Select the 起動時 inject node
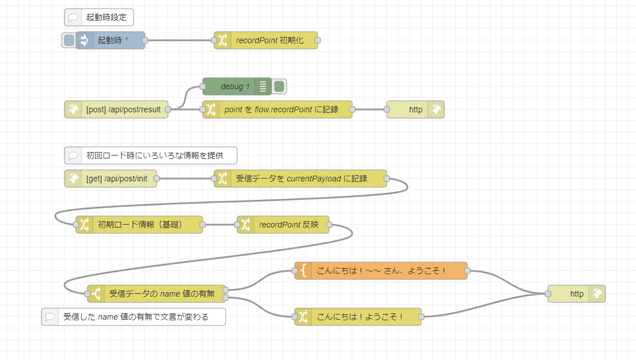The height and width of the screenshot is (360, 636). click(x=113, y=40)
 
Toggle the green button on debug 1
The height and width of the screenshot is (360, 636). click(x=279, y=86)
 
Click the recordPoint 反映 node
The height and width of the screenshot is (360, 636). click(x=288, y=225)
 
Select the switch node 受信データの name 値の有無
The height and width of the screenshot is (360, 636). click(x=161, y=294)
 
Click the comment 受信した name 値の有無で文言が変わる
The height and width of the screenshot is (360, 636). click(x=135, y=317)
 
